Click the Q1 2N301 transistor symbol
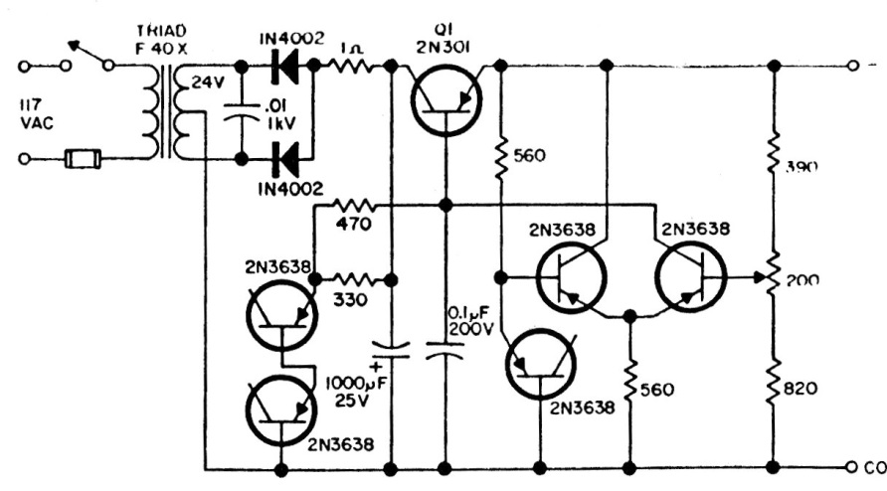pos(444,95)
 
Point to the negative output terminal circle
pos(852,66)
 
